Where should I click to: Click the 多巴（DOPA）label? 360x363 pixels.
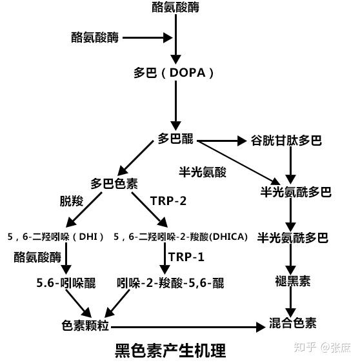click(x=174, y=73)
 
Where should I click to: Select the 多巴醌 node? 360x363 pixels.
click(x=175, y=139)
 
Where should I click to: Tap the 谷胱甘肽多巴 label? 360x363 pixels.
click(x=286, y=141)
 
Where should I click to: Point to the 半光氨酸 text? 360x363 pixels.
click(x=203, y=172)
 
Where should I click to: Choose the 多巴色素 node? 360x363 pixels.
click(x=114, y=184)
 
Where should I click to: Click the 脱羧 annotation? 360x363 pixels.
click(x=72, y=201)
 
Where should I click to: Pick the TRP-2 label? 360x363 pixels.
click(x=168, y=201)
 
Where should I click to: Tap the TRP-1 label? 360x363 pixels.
click(x=186, y=257)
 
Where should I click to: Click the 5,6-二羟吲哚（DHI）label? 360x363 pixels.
click(x=55, y=237)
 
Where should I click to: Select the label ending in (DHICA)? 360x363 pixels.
click(x=181, y=237)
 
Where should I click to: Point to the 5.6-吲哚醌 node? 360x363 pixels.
click(x=66, y=283)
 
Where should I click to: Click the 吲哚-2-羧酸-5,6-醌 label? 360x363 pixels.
click(x=170, y=283)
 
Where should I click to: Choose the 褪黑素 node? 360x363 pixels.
click(x=293, y=281)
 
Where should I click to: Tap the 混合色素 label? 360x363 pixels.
click(x=293, y=323)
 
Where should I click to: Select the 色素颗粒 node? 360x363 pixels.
click(x=85, y=326)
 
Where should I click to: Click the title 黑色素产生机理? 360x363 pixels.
click(x=170, y=351)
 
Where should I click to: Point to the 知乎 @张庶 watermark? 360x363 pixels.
click(x=322, y=348)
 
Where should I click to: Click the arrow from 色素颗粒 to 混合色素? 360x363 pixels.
click(x=188, y=327)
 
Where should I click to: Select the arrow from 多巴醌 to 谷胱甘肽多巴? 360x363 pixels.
click(x=222, y=141)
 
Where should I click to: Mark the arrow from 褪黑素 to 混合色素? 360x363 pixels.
click(x=291, y=302)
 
